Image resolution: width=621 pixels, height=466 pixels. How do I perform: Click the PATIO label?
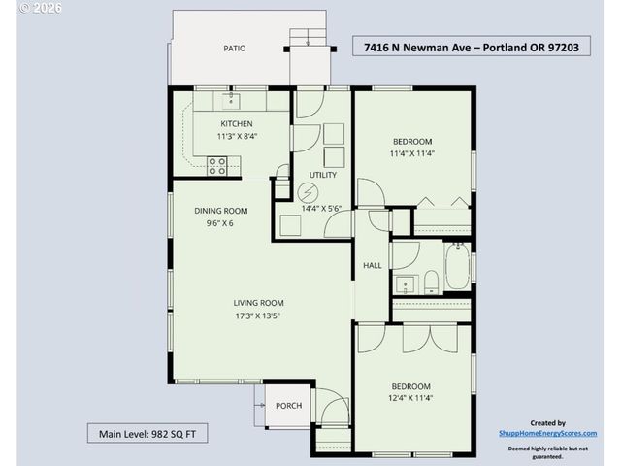[234, 48]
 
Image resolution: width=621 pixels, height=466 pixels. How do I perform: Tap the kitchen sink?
[230, 99]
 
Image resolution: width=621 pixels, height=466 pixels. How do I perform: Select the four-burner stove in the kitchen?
[217, 166]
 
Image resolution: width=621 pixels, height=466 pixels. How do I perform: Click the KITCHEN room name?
[237, 123]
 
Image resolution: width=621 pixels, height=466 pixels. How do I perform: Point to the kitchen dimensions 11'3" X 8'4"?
[237, 137]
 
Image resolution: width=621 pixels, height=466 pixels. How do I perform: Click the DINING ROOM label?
[221, 211]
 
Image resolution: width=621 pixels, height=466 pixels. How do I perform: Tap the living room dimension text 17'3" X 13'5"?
[258, 316]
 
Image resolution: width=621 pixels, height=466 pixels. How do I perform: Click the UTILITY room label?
[322, 175]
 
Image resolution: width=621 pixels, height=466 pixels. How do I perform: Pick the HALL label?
[372, 265]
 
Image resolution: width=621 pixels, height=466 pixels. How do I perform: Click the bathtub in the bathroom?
[456, 263]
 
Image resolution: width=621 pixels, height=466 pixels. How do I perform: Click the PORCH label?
[288, 406]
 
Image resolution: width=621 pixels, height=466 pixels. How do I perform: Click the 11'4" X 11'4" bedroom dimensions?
[411, 152]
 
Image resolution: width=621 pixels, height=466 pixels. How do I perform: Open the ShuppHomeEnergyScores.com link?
[547, 434]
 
